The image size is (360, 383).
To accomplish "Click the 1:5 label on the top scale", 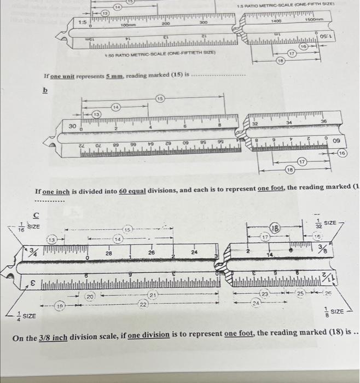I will (x=82, y=22).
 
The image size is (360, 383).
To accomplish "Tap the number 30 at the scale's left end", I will (x=72, y=125).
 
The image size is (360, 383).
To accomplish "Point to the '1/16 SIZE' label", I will (x=27, y=227).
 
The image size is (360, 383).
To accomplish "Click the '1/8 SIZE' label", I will (x=335, y=311).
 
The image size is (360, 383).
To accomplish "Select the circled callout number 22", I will (x=143, y=304).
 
